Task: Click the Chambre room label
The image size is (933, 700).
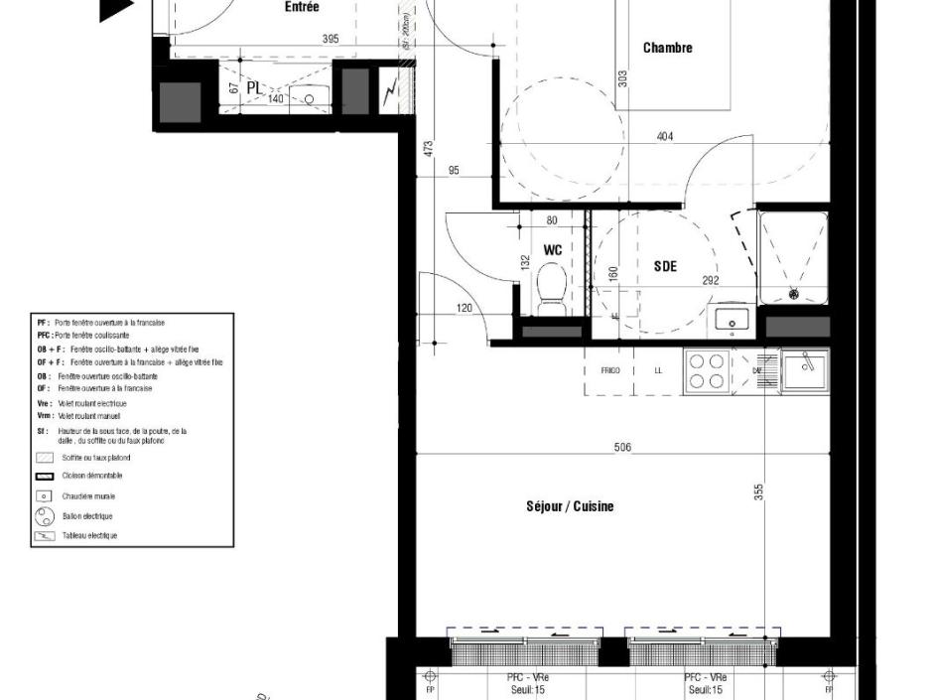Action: pos(667,48)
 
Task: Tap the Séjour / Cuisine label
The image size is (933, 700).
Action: pos(570,506)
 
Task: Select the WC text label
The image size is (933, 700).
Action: pos(553,250)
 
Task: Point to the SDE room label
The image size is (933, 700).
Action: pos(665,266)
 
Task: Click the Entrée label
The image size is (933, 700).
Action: pos(302,7)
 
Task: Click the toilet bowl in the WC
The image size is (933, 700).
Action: pos(551,287)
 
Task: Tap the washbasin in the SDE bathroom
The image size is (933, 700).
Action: pos(733,320)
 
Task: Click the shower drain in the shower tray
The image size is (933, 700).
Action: pos(793,294)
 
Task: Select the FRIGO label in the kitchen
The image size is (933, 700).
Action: pos(610,370)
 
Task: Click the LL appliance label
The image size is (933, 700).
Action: pos(657,370)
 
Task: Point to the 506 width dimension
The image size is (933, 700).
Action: pos(622,448)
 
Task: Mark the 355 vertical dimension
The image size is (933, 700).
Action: pos(758,492)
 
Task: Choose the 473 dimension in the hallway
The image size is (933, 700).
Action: pos(428,149)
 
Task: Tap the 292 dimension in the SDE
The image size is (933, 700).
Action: pos(711,281)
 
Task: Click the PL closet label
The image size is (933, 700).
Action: pos(254,88)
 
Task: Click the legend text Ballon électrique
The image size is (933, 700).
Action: pos(87,516)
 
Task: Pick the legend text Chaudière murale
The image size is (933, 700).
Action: pos(88,495)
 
